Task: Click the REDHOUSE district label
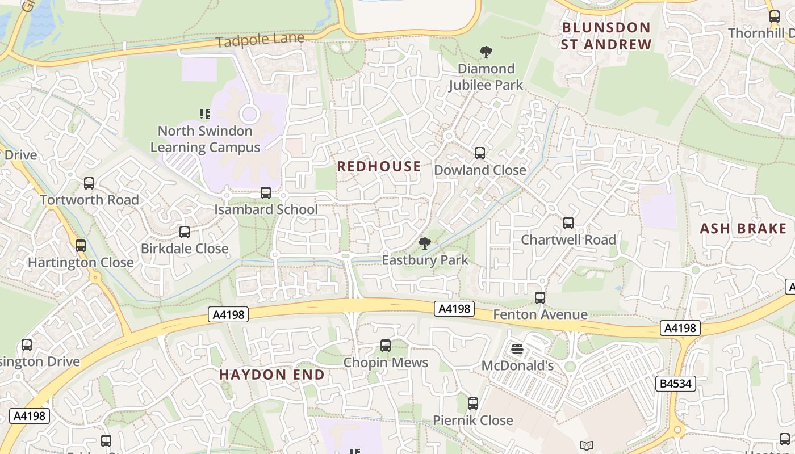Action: coord(379,166)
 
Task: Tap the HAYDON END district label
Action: coord(272,375)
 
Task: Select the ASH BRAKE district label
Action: coord(743,229)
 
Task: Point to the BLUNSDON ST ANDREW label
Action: coord(605,36)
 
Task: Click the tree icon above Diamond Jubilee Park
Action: coord(486,53)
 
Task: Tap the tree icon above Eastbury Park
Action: coord(424,244)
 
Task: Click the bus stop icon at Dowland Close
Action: coord(480,153)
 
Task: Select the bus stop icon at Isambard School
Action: coord(265,193)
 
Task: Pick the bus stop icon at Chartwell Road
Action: coord(568,223)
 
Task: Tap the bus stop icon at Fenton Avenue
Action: coord(540,298)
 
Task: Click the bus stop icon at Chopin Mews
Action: coord(386,346)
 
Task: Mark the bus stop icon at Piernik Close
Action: coord(473,403)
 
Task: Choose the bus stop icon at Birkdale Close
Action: coord(185,232)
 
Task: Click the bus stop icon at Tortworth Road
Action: coord(89,183)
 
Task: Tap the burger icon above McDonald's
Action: coord(517,349)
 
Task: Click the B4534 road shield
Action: coord(676,384)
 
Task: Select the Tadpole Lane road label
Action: coord(260,40)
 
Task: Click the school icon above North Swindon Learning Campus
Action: coord(205,114)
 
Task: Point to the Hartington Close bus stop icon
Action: coord(81,246)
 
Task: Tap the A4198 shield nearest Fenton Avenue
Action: coord(454,309)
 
